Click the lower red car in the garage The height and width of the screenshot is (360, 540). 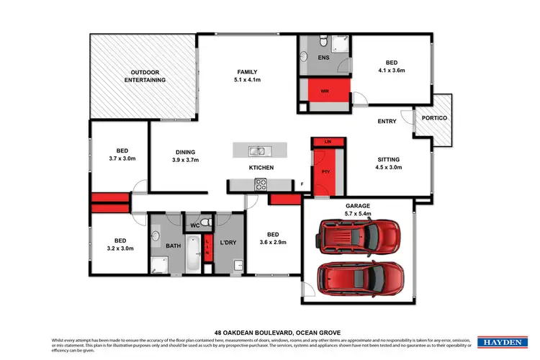point(359,277)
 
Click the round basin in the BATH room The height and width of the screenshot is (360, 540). point(156,236)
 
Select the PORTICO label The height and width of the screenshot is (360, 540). point(433,117)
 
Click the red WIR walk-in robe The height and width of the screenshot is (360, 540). point(325,92)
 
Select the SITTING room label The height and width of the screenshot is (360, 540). point(388,163)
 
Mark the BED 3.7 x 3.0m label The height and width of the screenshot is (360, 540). point(118,154)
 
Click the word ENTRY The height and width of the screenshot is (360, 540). point(387,121)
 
